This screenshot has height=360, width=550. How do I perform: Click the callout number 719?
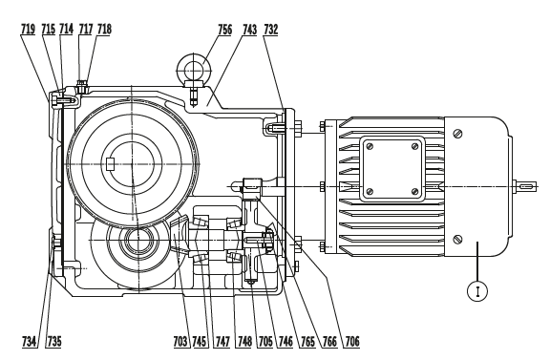pyautogui.click(x=28, y=29)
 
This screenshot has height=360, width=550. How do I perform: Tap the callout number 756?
pyautogui.click(x=224, y=30)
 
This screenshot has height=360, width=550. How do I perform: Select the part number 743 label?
pyautogui.click(x=250, y=30)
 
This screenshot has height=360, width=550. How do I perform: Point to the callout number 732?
pyautogui.click(x=271, y=30)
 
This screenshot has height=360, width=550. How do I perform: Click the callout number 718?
pyautogui.click(x=104, y=29)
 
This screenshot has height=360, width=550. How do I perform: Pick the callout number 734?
pyautogui.click(x=29, y=341)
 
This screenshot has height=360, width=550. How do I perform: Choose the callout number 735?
pyautogui.click(x=54, y=341)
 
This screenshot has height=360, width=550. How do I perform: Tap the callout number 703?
pyautogui.click(x=180, y=341)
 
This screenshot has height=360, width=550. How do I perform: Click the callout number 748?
pyautogui.click(x=244, y=341)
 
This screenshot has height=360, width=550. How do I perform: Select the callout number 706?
pyautogui.click(x=352, y=341)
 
